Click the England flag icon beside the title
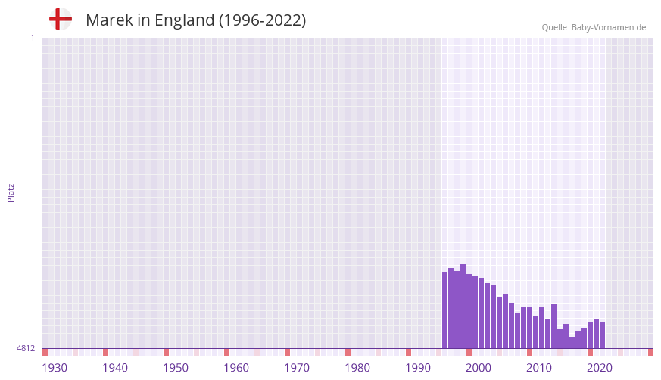coord(61,20)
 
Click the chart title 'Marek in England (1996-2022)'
coord(195,20)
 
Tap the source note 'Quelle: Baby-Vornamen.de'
coord(594,27)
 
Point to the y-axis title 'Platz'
coord(11,192)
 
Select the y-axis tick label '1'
coord(32,38)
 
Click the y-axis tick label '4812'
coord(26,348)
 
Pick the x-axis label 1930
coord(55,368)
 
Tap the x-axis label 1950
coord(176,368)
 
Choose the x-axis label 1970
coord(297,368)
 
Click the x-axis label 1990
coord(418,368)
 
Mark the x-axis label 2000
coord(479,368)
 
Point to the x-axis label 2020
coord(600,368)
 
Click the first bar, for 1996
coord(445,310)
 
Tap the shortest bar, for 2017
coord(572,343)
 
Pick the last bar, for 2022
coord(602,335)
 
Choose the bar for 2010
coord(529,328)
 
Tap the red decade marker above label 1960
coord(226,352)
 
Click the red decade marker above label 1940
coord(105,352)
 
